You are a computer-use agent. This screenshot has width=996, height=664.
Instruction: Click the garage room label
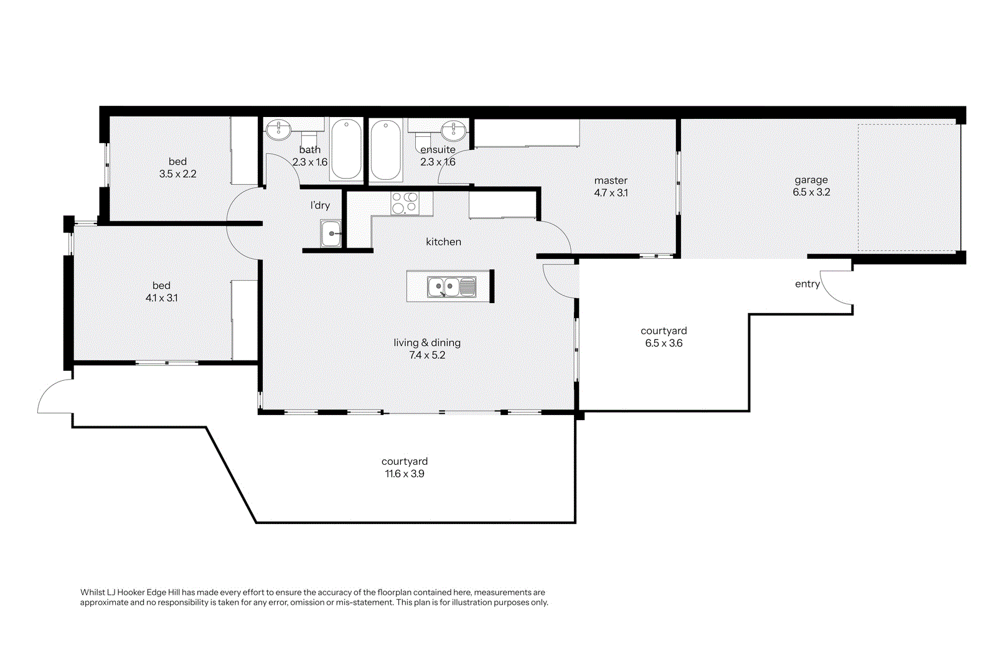(811, 180)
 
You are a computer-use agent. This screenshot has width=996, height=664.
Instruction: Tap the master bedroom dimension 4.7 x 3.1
(611, 193)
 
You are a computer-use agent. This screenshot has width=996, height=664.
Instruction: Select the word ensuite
(438, 149)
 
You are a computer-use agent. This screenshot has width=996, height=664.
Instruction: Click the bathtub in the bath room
(346, 149)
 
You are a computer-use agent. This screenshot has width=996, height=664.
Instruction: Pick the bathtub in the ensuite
(385, 149)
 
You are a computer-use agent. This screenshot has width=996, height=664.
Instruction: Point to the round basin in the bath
(279, 130)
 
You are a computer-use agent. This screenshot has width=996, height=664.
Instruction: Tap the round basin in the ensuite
(454, 130)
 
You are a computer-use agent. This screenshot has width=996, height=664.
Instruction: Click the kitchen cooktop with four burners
(405, 203)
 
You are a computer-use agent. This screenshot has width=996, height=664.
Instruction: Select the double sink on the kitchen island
(451, 287)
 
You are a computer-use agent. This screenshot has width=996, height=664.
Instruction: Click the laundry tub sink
(331, 233)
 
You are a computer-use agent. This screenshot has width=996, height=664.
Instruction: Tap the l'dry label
(320, 205)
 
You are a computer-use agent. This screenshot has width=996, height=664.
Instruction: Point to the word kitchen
(443, 242)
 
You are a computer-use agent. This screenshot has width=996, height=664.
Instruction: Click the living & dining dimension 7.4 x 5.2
(427, 355)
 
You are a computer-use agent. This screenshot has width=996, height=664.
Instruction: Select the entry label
(807, 284)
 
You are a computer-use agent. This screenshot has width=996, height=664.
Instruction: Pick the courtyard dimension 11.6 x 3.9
(405, 474)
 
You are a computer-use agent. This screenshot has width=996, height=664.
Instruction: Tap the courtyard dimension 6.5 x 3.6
(664, 343)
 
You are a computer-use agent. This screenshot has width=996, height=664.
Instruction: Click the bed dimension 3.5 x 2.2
(178, 174)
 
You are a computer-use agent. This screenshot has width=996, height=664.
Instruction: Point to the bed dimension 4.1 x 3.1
(161, 298)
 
